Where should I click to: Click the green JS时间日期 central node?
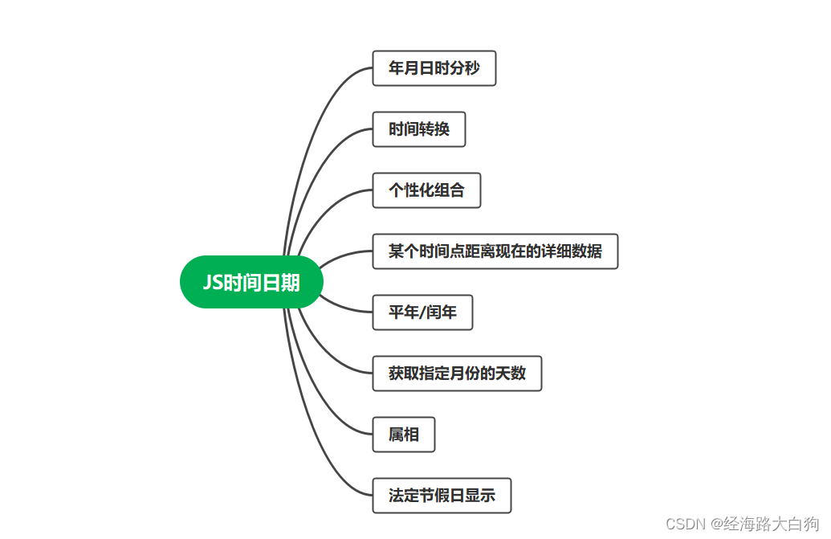point(251,282)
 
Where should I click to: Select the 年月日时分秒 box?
point(434,68)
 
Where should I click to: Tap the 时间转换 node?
point(418,129)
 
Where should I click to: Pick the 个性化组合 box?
point(426,190)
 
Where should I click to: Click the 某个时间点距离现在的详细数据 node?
point(495,251)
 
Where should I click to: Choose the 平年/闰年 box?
point(422,312)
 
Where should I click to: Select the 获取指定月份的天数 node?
point(457,374)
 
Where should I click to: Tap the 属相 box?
point(403,435)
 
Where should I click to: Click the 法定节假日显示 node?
point(442,496)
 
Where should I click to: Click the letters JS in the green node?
point(212,283)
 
